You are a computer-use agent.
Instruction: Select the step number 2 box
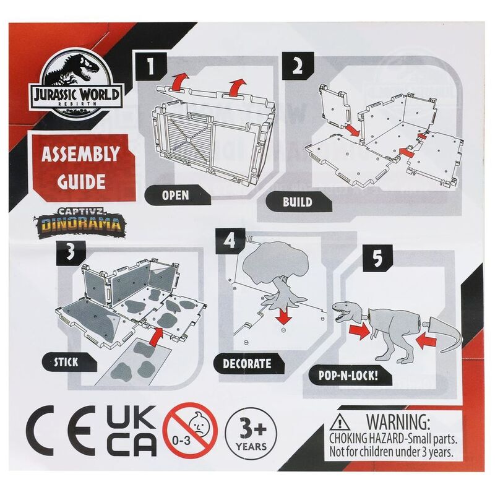(298, 66)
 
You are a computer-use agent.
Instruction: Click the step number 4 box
(230, 241)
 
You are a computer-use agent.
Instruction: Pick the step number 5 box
(377, 258)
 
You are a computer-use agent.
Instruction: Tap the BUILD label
(298, 202)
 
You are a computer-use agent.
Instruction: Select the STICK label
(68, 362)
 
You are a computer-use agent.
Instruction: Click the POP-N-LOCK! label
(350, 376)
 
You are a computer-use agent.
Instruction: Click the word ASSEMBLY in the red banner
(81, 154)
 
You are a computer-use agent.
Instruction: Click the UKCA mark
(132, 431)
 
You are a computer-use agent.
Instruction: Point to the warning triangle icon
(338, 422)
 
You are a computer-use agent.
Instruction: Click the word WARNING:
(398, 421)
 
